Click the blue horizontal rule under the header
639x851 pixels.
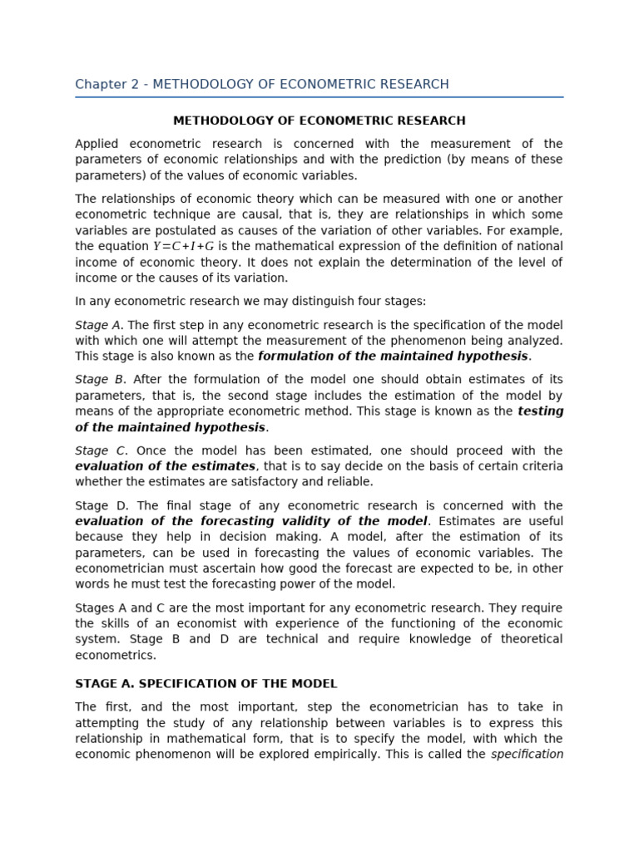tap(319, 97)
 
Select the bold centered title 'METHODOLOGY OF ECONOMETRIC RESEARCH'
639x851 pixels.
tap(319, 121)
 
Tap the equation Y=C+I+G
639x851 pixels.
tap(183, 247)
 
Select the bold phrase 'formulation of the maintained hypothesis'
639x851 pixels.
tap(393, 357)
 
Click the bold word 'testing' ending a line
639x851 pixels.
tap(540, 411)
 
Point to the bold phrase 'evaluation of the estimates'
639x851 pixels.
tap(165, 466)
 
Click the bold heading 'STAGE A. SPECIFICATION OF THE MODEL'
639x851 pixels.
tap(206, 684)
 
